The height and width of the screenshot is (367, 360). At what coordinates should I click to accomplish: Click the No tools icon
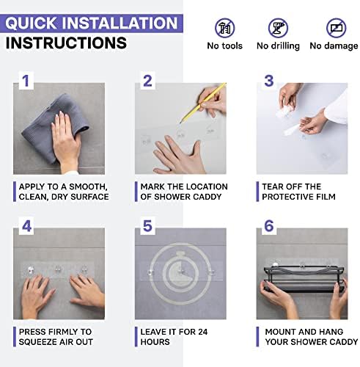click(x=224, y=28)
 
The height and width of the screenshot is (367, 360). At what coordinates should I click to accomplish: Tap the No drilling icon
click(x=278, y=28)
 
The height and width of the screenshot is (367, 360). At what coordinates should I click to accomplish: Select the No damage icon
click(x=337, y=28)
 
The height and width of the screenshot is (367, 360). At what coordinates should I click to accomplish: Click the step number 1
click(x=26, y=81)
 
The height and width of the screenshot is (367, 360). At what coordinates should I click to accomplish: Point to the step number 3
click(x=269, y=81)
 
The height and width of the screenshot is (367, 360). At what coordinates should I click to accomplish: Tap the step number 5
click(x=147, y=226)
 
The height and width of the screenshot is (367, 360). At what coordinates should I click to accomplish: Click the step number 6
click(x=269, y=226)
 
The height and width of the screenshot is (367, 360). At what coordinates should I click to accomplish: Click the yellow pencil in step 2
click(x=202, y=103)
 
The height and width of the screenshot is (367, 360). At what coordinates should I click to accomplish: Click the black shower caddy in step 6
click(x=304, y=279)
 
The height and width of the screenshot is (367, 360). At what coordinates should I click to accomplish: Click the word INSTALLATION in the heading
click(x=120, y=23)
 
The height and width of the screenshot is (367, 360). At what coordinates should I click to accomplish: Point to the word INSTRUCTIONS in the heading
click(x=66, y=43)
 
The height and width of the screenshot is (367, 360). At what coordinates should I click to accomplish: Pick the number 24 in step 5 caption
click(x=203, y=332)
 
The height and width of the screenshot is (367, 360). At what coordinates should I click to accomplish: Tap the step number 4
click(x=26, y=226)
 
